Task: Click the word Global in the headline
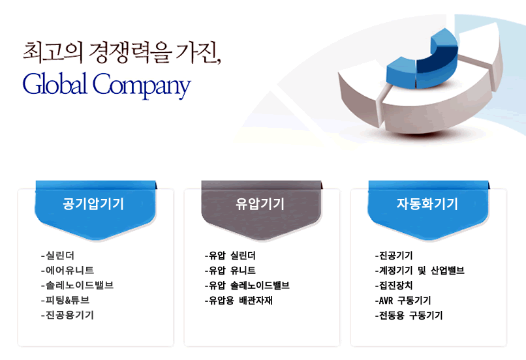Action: [55, 83]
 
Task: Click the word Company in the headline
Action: [142, 86]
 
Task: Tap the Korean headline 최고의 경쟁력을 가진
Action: [121, 53]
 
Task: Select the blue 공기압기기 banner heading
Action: [93, 203]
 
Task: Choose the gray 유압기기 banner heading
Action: [260, 203]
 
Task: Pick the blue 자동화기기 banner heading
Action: [427, 203]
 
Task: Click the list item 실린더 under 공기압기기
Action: [57, 256]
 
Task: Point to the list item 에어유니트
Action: [67, 270]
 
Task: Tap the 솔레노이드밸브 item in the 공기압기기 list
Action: [77, 285]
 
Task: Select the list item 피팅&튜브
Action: [65, 300]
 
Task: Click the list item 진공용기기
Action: [67, 315]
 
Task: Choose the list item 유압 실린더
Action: [230, 256]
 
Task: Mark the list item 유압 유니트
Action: [230, 270]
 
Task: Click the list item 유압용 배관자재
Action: [238, 300]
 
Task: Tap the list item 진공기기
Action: [394, 256]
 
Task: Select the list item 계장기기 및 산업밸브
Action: [420, 270]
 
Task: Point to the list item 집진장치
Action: [394, 285]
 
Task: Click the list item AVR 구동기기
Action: [403, 300]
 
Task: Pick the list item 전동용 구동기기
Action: [409, 315]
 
